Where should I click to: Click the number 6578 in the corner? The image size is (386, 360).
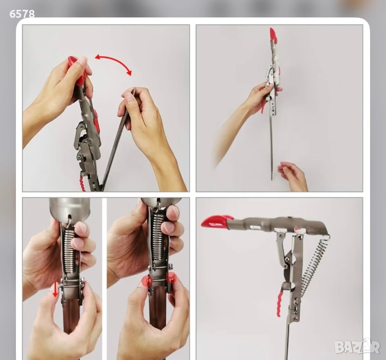22,14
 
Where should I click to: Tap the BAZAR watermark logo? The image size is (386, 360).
357,346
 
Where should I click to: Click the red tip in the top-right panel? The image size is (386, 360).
273,35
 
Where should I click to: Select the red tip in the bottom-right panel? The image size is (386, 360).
216,221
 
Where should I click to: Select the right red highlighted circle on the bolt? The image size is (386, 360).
171,278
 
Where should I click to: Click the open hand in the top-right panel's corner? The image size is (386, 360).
293,176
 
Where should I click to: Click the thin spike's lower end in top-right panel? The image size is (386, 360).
272,180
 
